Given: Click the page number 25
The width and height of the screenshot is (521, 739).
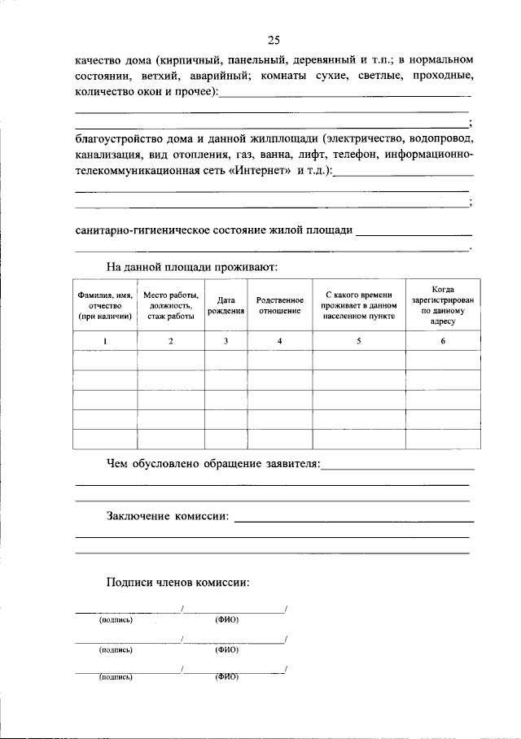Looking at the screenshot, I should (x=273, y=40).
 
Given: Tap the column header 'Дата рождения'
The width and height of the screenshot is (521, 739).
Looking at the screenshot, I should (x=225, y=305).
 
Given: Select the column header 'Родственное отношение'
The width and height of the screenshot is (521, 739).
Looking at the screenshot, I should (x=279, y=305).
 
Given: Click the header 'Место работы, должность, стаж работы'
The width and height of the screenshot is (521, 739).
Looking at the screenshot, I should (x=170, y=305).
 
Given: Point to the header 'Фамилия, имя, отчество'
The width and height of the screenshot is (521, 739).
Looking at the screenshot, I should (x=104, y=305).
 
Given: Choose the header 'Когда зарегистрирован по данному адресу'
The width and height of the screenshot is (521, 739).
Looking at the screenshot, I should (x=443, y=305).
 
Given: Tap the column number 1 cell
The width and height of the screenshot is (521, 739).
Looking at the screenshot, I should (x=104, y=341).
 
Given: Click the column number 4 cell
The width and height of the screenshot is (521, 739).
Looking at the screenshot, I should (x=279, y=341).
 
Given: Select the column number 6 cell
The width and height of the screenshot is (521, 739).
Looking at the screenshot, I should (x=443, y=341).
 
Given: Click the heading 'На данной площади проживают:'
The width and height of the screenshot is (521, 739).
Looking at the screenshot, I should (x=192, y=266).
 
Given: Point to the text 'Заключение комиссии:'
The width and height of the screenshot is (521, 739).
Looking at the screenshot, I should (x=168, y=516).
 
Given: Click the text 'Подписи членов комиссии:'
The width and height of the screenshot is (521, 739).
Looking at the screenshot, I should (x=177, y=582).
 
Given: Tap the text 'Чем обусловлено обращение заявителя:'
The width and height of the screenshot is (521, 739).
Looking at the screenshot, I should (x=213, y=464).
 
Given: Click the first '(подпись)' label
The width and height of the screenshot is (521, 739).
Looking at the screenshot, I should (x=116, y=620).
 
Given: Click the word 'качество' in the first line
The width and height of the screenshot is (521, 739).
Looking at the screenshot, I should (x=98, y=61).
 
